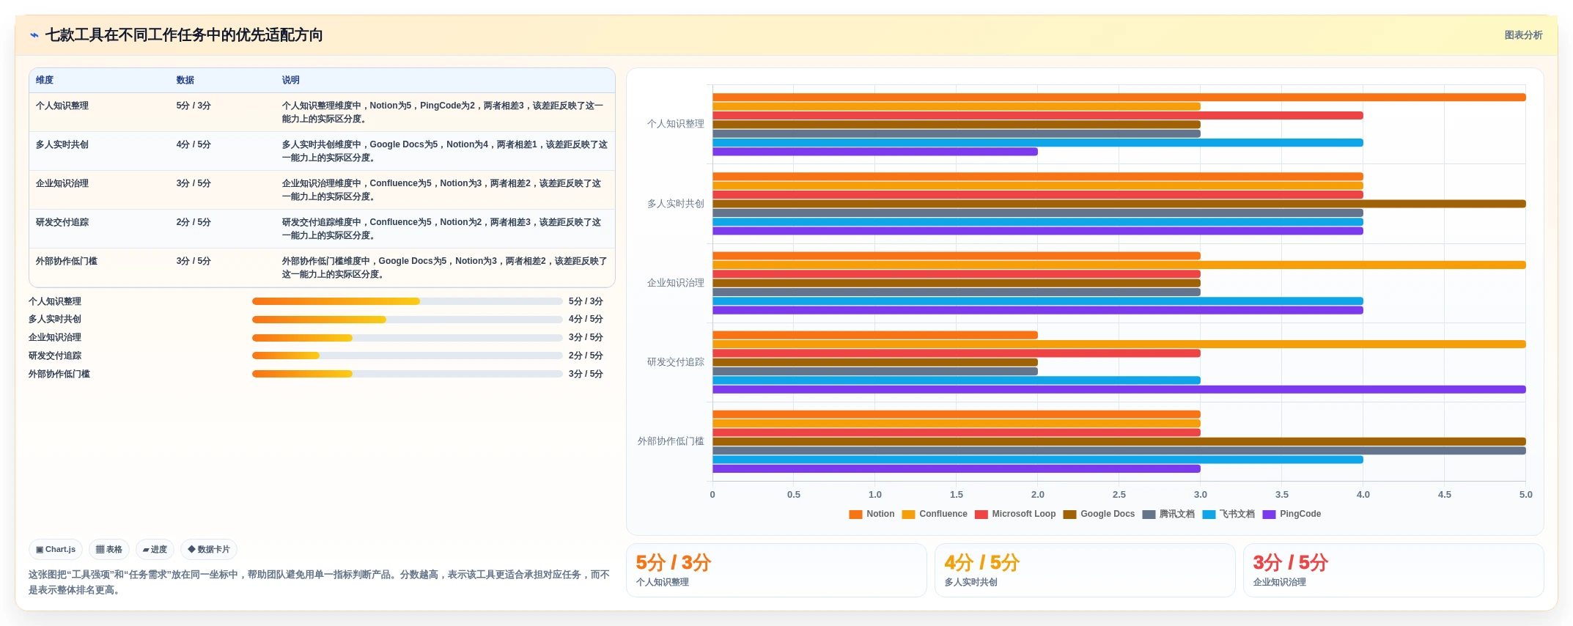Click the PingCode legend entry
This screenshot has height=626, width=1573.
[1292, 514]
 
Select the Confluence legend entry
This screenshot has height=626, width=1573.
[935, 514]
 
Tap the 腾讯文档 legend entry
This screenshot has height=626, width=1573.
[1168, 514]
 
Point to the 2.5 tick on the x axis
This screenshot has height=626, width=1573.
[1119, 495]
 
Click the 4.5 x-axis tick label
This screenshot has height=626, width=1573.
[1444, 495]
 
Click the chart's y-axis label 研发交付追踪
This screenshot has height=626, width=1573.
[675, 362]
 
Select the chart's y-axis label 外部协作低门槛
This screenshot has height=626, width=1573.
[671, 441]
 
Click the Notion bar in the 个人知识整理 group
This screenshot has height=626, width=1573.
[1119, 97]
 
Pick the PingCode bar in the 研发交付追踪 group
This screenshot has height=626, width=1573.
[1119, 389]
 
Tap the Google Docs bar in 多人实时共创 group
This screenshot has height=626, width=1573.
[1119, 204]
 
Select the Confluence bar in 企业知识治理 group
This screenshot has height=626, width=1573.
[1119, 265]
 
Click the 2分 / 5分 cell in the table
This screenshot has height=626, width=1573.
[194, 222]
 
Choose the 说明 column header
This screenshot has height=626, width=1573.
[290, 80]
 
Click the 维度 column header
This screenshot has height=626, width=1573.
[45, 80]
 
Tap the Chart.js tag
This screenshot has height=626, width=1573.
[56, 549]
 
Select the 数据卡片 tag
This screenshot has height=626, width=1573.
[209, 549]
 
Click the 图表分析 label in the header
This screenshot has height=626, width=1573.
[1523, 35]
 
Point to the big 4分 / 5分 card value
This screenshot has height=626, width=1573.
[981, 562]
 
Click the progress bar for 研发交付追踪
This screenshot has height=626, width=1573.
[407, 356]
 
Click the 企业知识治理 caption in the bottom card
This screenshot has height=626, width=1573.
[1279, 582]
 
